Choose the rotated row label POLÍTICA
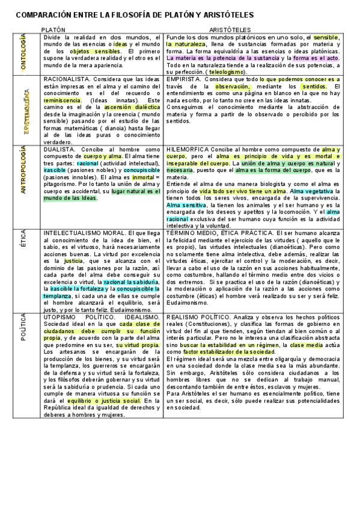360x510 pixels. pyautogui.click(x=23, y=327)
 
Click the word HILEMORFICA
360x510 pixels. pyautogui.click(x=187, y=149)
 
